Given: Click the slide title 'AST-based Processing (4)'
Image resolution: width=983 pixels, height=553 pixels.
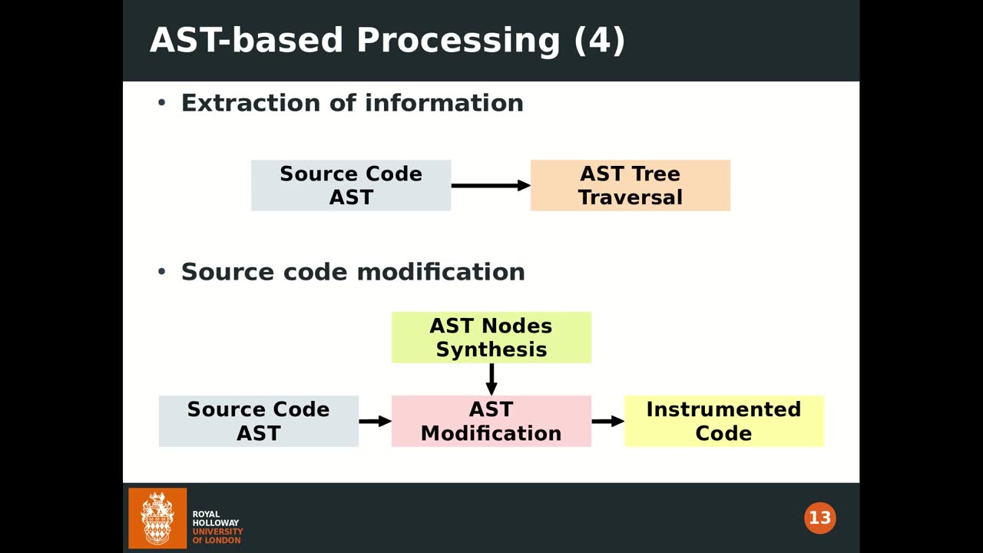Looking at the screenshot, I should click(387, 40).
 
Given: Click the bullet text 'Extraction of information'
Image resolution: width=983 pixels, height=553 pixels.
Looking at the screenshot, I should click(352, 103).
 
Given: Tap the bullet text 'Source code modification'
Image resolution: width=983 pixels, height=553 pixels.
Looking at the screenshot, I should click(352, 272).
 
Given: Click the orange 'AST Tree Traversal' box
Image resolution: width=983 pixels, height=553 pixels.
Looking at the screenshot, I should click(630, 185).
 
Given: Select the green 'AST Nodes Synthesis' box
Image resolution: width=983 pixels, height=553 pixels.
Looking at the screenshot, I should click(491, 337).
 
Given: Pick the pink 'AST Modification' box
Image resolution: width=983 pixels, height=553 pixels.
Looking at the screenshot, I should click(491, 421).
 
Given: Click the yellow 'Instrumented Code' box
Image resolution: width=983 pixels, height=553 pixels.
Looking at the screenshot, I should click(723, 421).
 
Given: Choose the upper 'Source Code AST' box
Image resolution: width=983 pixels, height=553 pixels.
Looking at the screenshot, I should click(350, 185).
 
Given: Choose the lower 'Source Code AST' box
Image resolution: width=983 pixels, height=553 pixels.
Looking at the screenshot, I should click(258, 421).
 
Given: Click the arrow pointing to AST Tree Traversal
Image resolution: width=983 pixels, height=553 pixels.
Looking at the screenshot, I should click(490, 185).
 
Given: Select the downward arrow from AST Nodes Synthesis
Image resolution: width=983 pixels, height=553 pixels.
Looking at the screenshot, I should click(491, 379).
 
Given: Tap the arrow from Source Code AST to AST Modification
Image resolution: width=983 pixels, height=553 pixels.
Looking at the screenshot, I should click(375, 421).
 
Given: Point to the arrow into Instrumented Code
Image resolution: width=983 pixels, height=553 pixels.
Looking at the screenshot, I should click(607, 421).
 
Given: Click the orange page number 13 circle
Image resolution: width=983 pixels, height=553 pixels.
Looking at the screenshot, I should click(819, 518).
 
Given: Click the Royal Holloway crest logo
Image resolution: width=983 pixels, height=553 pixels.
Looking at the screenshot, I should click(157, 518).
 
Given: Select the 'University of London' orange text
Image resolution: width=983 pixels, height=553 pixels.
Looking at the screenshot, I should click(217, 535).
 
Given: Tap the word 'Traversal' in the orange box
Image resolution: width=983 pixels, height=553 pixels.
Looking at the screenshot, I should click(630, 197).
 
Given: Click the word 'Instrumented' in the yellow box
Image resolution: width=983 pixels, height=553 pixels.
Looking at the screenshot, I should click(723, 409).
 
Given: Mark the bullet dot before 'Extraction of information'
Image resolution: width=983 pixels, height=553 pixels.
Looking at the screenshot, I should click(161, 103).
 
